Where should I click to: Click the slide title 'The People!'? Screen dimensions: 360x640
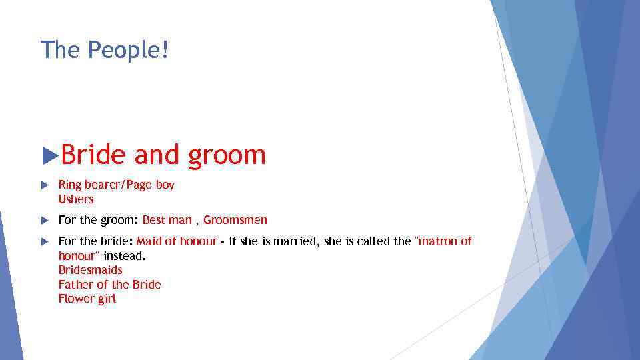coord(105,50)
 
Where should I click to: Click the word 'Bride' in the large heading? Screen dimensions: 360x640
coord(93,155)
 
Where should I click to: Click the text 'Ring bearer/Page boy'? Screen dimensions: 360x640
coord(116,185)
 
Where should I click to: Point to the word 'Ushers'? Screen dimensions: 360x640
coord(76,199)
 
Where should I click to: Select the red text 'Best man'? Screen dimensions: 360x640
coord(166,220)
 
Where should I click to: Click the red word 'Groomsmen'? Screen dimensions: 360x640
coord(235,220)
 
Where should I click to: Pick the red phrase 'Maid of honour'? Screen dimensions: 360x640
coord(177,241)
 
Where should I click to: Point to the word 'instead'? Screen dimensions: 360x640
coord(124,256)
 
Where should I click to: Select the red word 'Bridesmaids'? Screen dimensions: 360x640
coord(90,270)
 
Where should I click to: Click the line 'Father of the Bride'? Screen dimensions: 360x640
coord(109,285)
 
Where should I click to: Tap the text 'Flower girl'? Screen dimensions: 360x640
coord(87,299)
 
